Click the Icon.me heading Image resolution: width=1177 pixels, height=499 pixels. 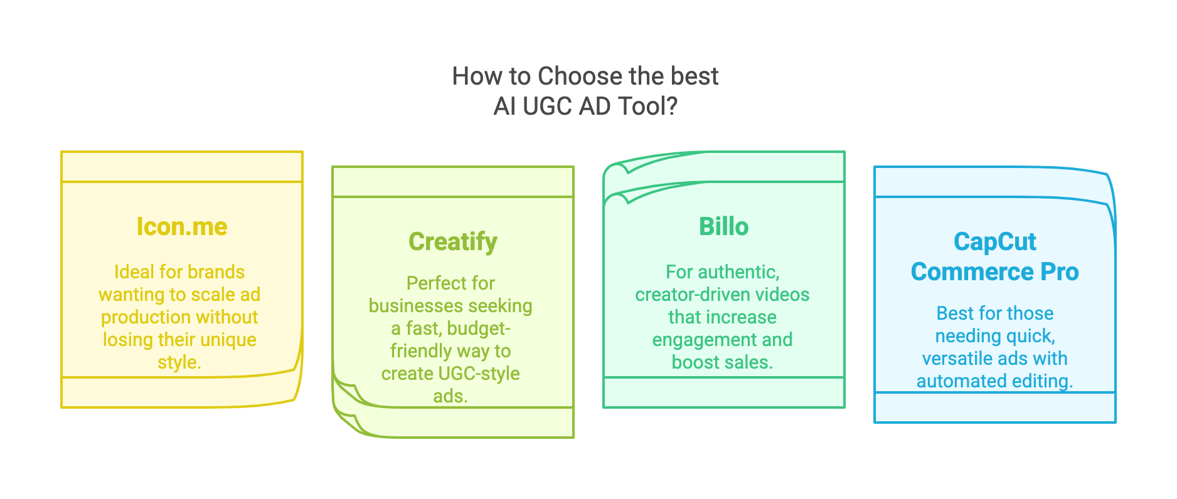(x=182, y=227)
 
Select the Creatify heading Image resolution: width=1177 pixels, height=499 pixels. (x=453, y=242)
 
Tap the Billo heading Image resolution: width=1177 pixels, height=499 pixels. (x=724, y=227)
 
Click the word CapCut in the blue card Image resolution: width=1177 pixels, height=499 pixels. (x=995, y=242)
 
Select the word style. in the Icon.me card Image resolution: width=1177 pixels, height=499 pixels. (x=179, y=362)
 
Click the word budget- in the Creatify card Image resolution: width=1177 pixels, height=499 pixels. (x=479, y=328)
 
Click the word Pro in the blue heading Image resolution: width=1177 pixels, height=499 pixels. (x=1060, y=272)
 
